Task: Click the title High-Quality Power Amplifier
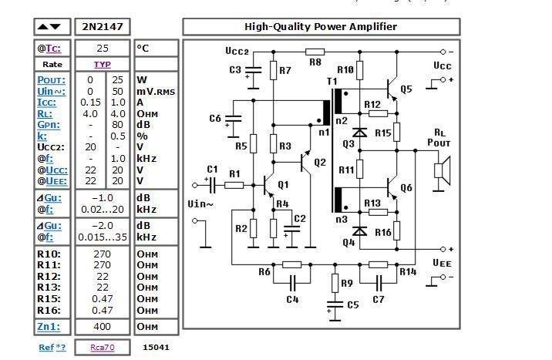pyautogui.click(x=321, y=26)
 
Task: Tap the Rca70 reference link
pyautogui.click(x=103, y=348)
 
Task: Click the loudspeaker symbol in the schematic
pyautogui.click(x=442, y=169)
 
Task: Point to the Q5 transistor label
pyautogui.click(x=406, y=89)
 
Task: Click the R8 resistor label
pyautogui.click(x=315, y=62)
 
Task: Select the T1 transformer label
pyautogui.click(x=332, y=81)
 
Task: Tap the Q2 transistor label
pyautogui.click(x=320, y=163)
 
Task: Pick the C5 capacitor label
pyautogui.click(x=352, y=305)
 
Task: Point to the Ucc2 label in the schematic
pyautogui.click(x=237, y=52)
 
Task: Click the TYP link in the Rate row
pyautogui.click(x=103, y=65)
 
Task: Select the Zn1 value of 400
pyautogui.click(x=103, y=327)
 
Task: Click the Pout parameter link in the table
pyautogui.click(x=52, y=80)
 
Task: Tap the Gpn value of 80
pyautogui.click(x=117, y=124)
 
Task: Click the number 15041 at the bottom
pyautogui.click(x=156, y=348)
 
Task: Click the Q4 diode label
pyautogui.click(x=349, y=242)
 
